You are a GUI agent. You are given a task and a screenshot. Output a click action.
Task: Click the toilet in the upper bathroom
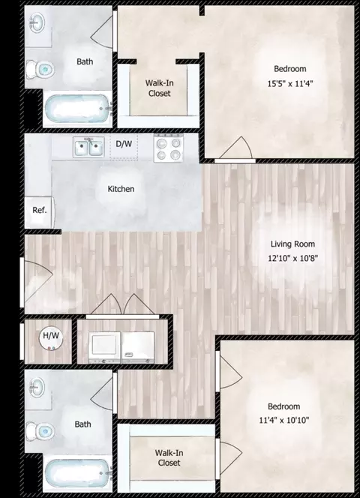point(40,69)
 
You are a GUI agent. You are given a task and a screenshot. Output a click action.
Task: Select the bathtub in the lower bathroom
point(77,474)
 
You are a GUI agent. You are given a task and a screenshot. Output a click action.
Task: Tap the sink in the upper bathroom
point(37,22)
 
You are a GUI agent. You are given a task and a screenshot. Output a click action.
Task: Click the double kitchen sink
point(88,147)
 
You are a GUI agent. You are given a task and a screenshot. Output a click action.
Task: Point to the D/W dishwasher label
point(124,144)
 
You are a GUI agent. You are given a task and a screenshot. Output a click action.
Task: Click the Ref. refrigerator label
point(40,210)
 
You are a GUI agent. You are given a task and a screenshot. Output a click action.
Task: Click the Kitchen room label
point(121,189)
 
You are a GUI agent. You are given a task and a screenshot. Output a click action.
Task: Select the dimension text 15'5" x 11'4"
point(290,84)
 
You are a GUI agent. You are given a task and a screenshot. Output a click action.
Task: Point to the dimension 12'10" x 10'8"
point(292,258)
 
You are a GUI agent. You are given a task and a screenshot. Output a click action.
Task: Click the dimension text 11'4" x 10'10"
point(284,421)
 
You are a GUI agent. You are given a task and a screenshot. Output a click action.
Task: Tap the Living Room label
point(292,244)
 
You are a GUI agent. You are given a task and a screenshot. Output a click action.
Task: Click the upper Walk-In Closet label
point(160,88)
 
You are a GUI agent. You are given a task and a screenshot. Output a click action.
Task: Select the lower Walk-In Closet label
point(169,457)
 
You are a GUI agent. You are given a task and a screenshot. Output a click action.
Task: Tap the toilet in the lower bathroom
point(40,431)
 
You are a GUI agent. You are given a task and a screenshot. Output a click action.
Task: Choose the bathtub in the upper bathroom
point(77,109)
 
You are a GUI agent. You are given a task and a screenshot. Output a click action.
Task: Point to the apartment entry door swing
point(38,282)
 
